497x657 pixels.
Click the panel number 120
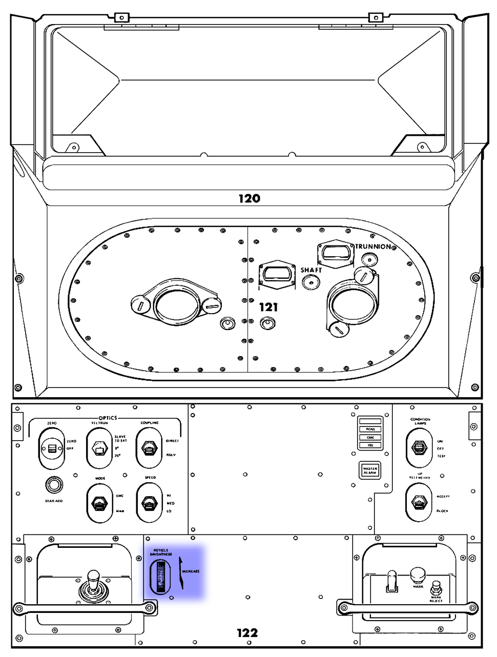pos(249,199)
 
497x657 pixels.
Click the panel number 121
pos(268,307)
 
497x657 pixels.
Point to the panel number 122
pos(247,633)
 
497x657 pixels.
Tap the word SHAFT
pos(311,270)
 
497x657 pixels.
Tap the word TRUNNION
pos(374,247)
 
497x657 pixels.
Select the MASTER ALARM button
pos(370,470)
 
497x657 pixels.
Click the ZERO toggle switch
pos(52,448)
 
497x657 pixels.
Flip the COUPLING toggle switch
pos(149,448)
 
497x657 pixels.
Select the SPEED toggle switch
pos(149,503)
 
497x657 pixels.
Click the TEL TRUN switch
pos(99,448)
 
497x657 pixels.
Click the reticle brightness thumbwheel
pos(161,577)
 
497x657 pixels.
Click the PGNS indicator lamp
pos(370,429)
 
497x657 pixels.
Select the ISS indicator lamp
pos(370,445)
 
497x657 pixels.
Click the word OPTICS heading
pos(108,418)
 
